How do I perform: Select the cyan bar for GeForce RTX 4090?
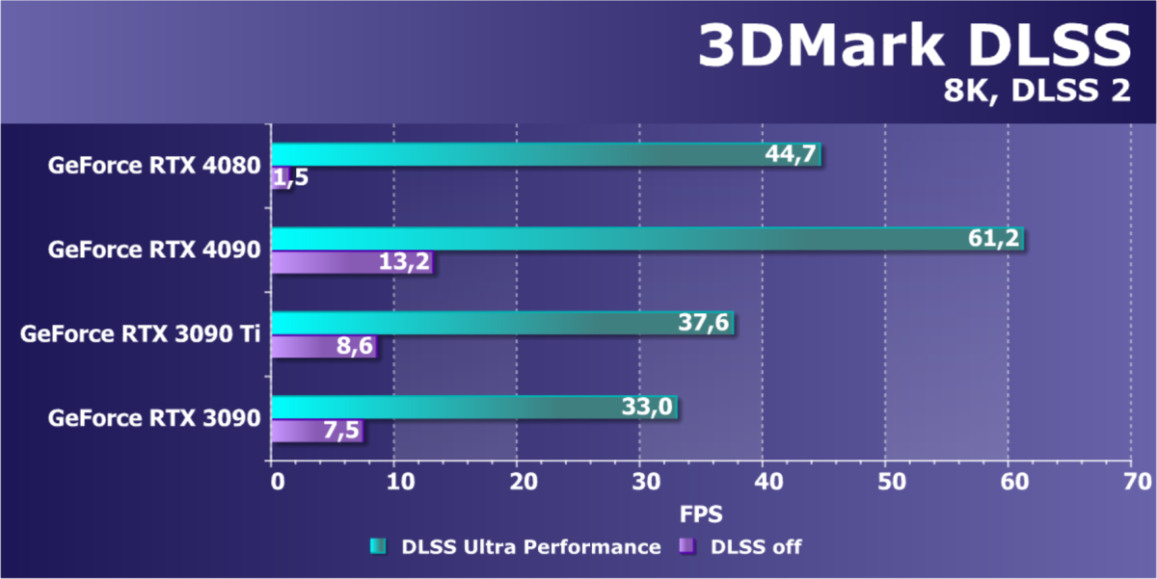click(x=646, y=239)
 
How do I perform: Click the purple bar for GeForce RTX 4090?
click(x=352, y=262)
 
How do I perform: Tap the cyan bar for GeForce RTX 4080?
click(x=545, y=155)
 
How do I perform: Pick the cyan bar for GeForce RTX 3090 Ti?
click(x=501, y=323)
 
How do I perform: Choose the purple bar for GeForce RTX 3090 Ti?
click(x=323, y=346)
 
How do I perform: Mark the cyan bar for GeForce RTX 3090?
click(x=473, y=408)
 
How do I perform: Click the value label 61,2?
click(x=994, y=239)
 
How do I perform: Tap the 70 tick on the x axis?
click(x=1131, y=481)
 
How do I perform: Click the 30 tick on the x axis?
click(x=640, y=481)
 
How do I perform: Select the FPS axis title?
click(x=701, y=511)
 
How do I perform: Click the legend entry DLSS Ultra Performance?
click(x=515, y=547)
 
